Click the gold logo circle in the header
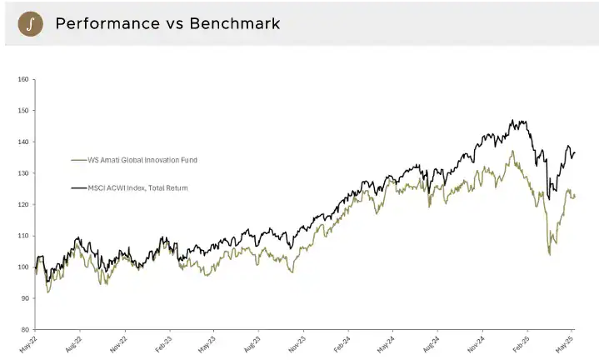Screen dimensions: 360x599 click(x=30, y=23)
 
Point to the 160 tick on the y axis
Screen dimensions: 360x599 click(x=23, y=79)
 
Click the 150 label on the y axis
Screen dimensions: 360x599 click(x=23, y=110)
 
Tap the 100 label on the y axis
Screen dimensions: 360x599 click(x=23, y=267)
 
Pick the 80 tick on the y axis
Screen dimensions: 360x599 click(x=24, y=329)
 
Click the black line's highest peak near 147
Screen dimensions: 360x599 click(x=521, y=121)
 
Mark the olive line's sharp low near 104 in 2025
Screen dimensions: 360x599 click(x=550, y=253)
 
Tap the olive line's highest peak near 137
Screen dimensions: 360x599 click(x=512, y=152)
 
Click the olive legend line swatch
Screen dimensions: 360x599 click(x=80, y=159)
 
